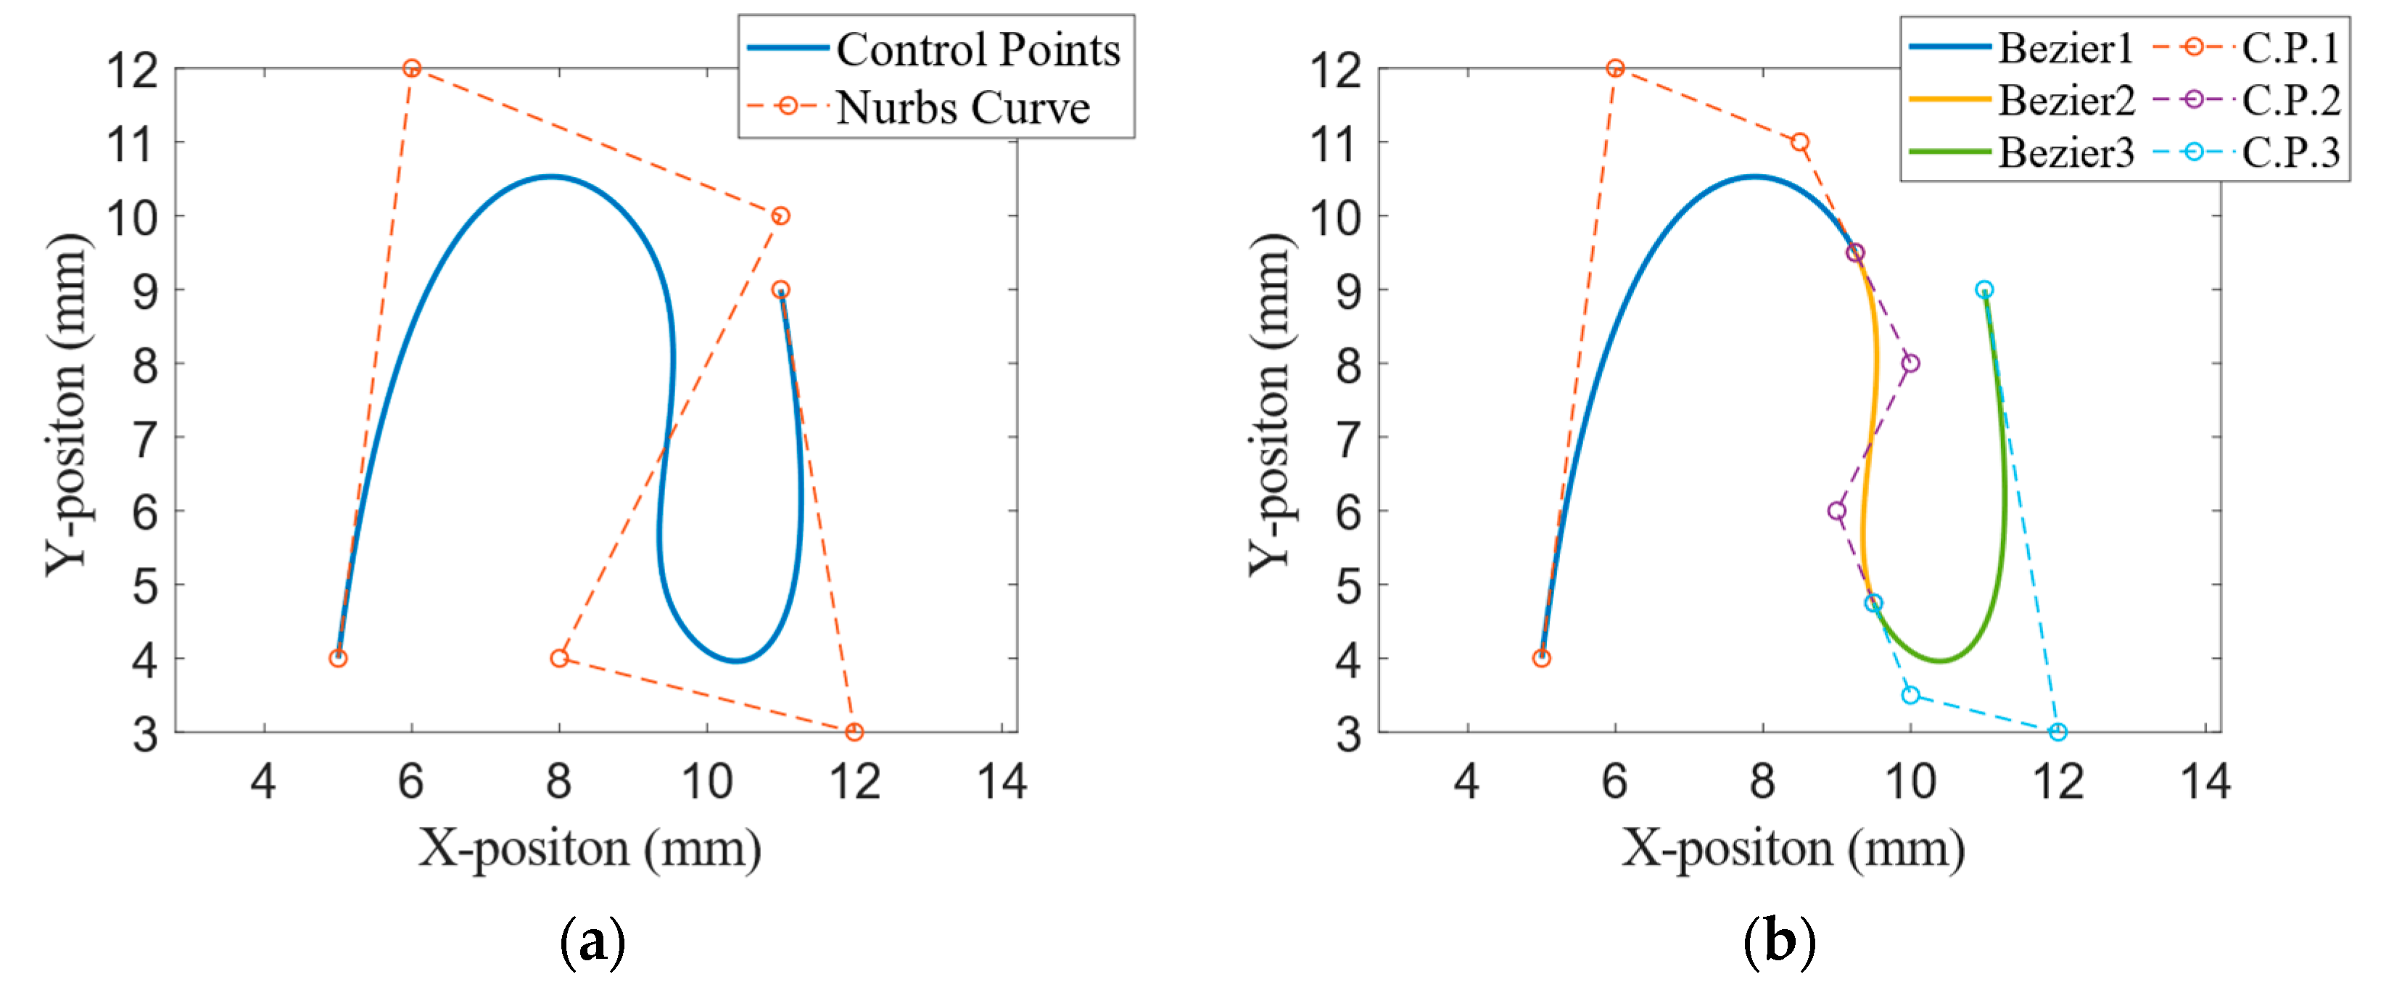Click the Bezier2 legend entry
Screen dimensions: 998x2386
tap(2065, 100)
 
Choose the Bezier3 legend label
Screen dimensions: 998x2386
tap(2065, 152)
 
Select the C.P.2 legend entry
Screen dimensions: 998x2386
tap(2290, 100)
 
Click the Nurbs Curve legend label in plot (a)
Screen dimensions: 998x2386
tap(962, 107)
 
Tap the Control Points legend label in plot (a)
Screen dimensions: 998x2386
tap(977, 49)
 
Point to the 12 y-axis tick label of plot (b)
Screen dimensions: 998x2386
tap(1336, 70)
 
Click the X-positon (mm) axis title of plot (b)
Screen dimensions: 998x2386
tap(1792, 848)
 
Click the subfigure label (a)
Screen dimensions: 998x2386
tap(593, 942)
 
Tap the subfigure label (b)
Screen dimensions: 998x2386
tap(1779, 942)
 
